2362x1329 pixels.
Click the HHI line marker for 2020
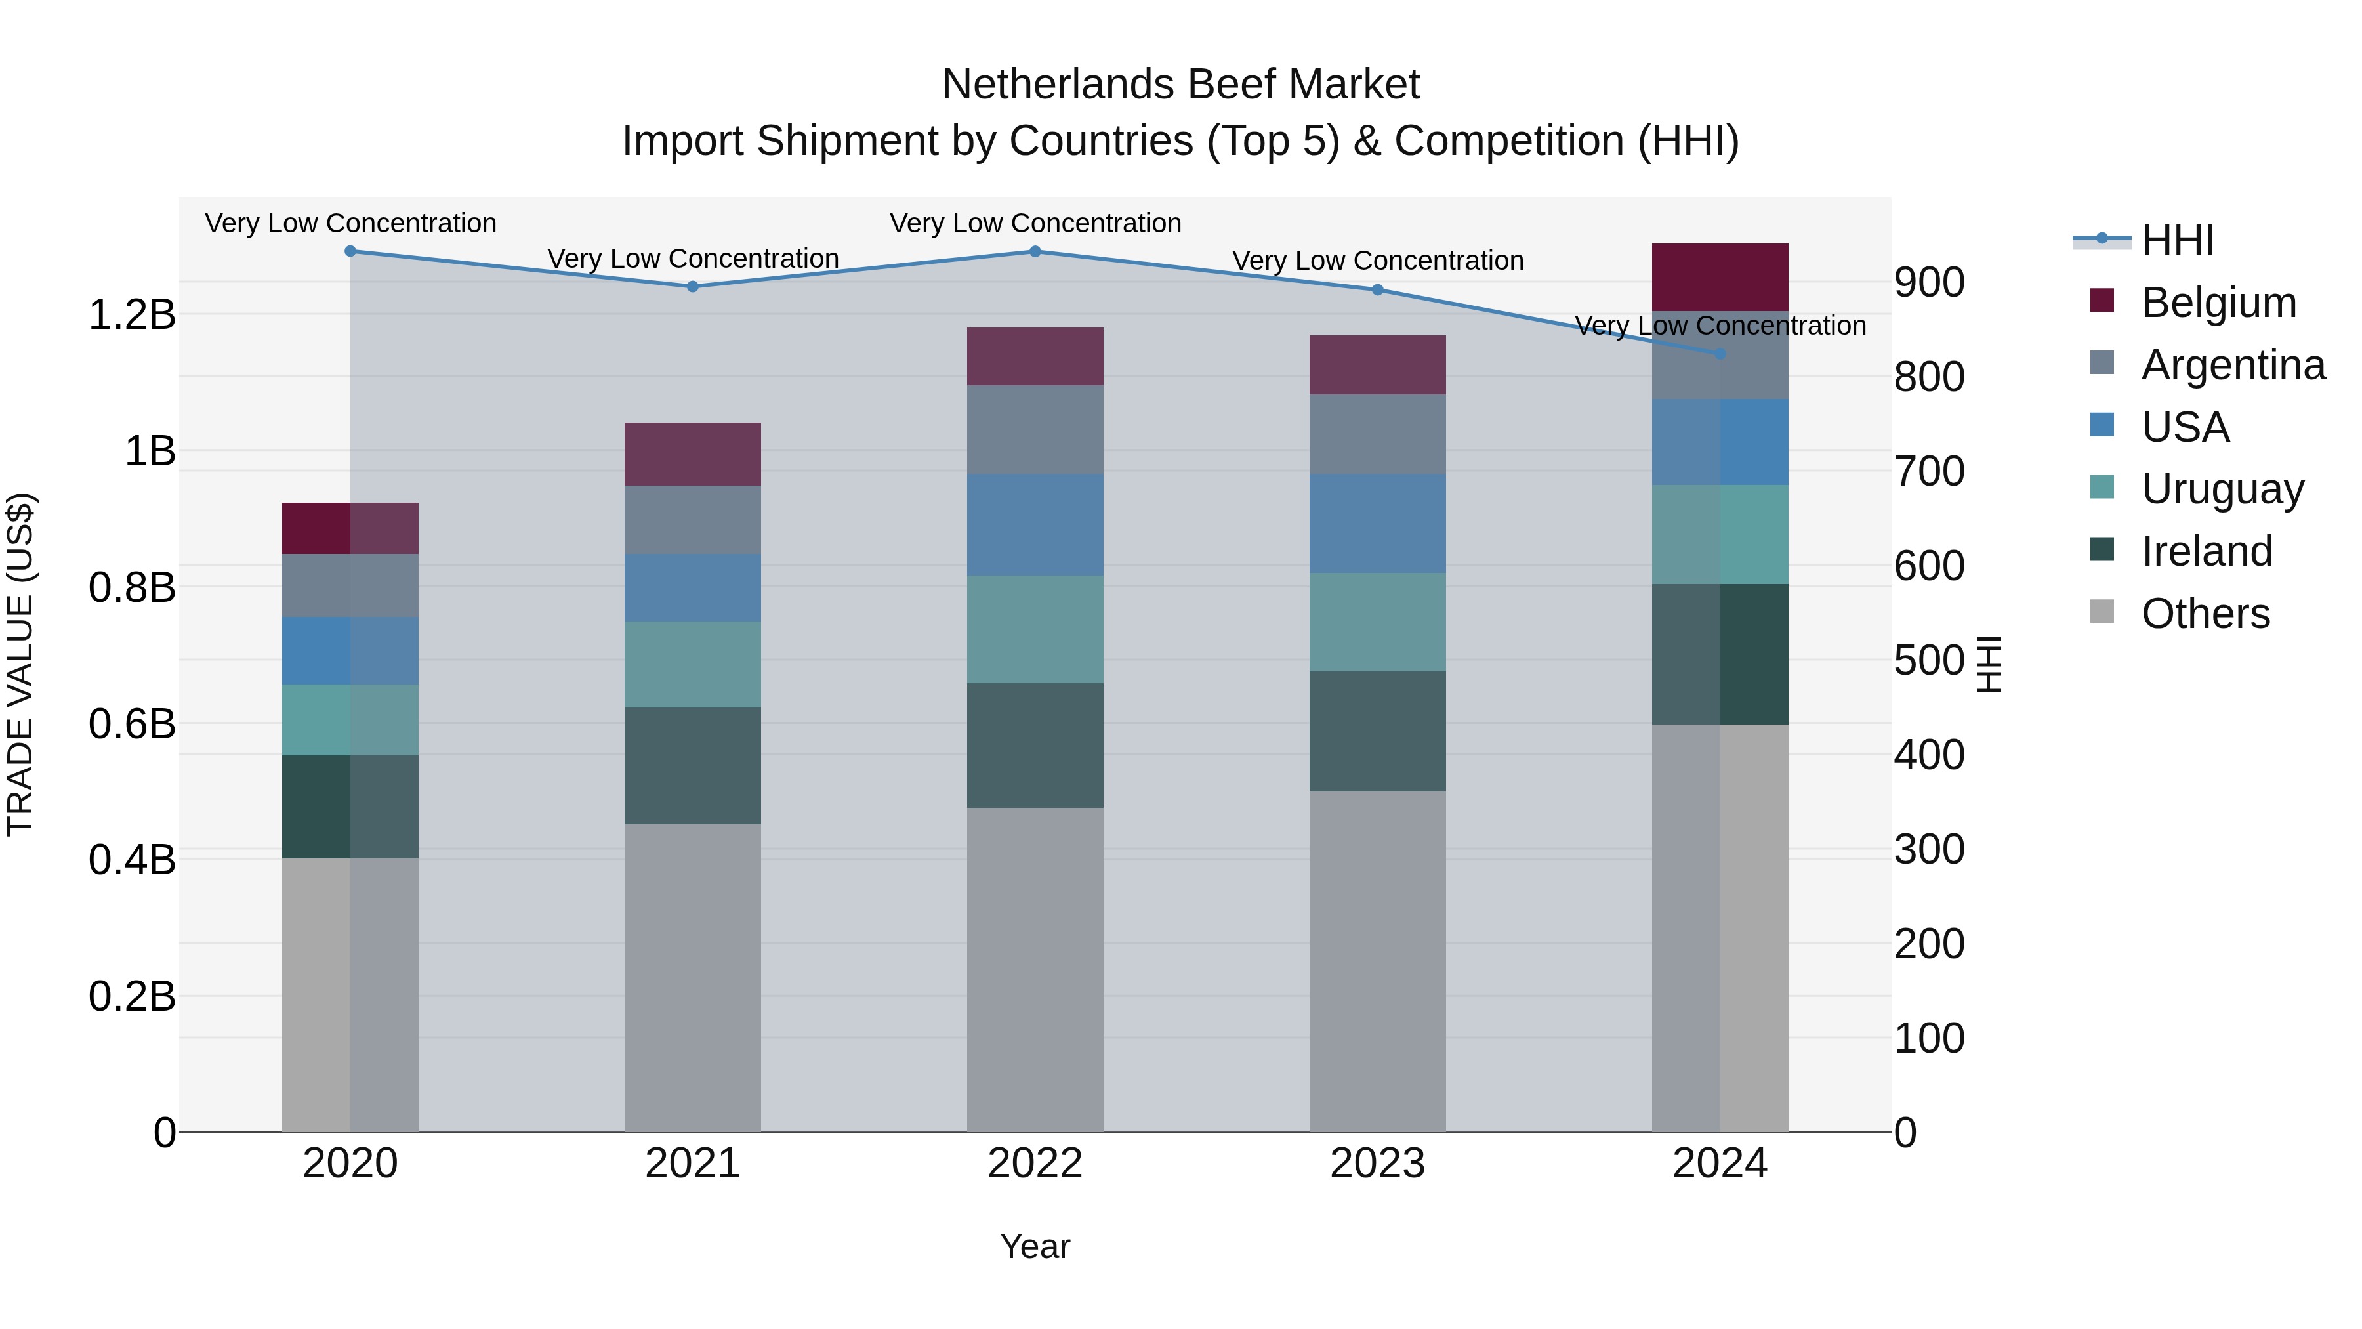[350, 251]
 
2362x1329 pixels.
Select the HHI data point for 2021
[692, 286]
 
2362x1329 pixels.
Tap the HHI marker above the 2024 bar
[1720, 353]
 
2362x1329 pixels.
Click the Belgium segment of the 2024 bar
[1720, 277]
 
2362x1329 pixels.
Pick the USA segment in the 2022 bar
[1035, 524]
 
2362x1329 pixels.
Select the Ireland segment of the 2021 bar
[692, 766]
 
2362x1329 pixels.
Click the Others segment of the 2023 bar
[1377, 961]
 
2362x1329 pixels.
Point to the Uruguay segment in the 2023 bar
[1377, 622]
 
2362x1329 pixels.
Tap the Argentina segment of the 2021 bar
[692, 519]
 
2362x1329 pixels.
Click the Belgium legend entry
[2219, 303]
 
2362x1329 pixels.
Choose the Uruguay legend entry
[2223, 489]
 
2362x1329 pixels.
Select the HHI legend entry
[2178, 240]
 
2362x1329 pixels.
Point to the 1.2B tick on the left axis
[132, 314]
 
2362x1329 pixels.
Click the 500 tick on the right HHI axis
[1929, 660]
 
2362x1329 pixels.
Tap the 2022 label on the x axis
[1035, 1164]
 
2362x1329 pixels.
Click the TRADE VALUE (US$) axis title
[20, 664]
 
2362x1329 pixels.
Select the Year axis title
[1035, 1246]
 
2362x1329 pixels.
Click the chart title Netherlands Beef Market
[1180, 85]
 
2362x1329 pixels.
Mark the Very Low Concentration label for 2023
[1377, 261]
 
